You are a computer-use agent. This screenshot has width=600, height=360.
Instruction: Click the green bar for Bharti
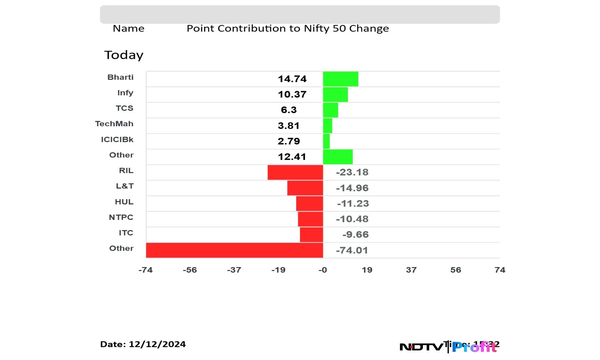[x=340, y=79]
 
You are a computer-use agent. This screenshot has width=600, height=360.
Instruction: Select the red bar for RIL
[x=295, y=172]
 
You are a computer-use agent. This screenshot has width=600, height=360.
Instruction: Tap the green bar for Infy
[x=335, y=94]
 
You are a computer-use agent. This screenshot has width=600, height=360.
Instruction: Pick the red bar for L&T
[x=305, y=188]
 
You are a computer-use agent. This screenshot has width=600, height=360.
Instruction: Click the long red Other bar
[x=234, y=250]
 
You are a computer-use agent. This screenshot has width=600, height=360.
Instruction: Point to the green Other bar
[x=337, y=157]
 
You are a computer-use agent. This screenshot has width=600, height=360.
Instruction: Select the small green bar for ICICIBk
[x=326, y=141]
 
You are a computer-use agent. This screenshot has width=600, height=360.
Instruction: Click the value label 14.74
[x=292, y=79]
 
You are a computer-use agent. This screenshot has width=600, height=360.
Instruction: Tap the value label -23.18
[x=352, y=172]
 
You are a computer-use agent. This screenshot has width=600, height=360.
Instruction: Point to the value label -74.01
[x=352, y=250]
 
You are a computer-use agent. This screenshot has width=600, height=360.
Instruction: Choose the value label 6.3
[x=289, y=110]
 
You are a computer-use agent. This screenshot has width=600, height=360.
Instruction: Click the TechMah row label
[x=114, y=124]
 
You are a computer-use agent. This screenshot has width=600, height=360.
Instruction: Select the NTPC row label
[x=121, y=217]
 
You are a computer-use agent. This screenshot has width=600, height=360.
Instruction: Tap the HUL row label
[x=124, y=202]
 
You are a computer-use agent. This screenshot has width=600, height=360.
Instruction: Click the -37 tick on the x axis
[x=234, y=270]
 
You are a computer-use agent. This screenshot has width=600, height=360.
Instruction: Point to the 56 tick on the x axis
[x=455, y=270]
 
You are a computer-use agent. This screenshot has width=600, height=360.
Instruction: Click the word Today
[x=124, y=55]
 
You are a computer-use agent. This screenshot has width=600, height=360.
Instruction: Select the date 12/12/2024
[x=157, y=344]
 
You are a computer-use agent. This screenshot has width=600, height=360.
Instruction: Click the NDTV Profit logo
[x=448, y=347]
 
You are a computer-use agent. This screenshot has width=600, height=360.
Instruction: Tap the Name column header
[x=128, y=28]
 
